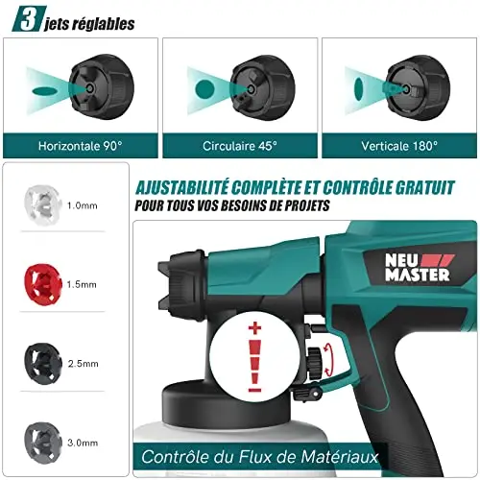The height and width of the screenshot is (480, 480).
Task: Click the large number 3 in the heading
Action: [x=29, y=20]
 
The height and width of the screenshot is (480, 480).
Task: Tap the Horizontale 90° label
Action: [x=81, y=146]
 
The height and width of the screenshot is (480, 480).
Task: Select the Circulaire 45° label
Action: [x=240, y=146]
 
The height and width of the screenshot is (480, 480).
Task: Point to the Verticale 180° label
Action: [x=399, y=146]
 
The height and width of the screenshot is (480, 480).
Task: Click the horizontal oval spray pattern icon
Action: [x=45, y=91]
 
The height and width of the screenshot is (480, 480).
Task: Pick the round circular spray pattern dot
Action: [x=204, y=89]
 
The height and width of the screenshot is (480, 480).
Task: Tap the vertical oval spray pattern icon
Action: [x=359, y=89]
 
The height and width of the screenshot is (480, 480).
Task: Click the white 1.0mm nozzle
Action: [x=42, y=205]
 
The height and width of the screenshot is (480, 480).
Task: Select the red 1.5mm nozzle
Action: [x=43, y=284]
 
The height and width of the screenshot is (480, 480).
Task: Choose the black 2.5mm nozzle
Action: [x=43, y=364]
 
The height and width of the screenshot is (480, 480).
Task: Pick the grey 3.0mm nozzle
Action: [x=43, y=443]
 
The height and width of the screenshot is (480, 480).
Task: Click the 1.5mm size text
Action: [x=82, y=284]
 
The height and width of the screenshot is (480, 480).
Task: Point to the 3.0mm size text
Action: [x=83, y=443]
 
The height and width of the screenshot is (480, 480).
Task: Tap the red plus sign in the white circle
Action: [x=254, y=328]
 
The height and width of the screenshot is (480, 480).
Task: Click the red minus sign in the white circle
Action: [x=254, y=390]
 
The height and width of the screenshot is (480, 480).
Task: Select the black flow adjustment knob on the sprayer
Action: [x=314, y=364]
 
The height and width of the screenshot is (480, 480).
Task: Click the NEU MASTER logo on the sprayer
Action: [x=419, y=268]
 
